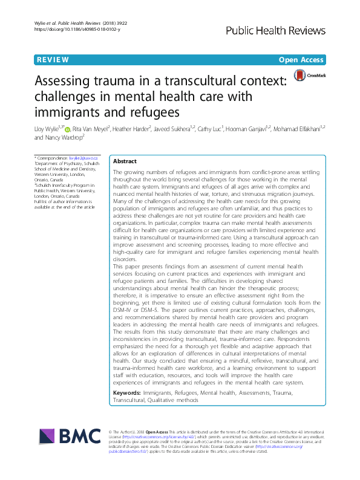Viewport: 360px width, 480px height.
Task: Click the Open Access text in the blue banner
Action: pyautogui.click(x=301, y=60)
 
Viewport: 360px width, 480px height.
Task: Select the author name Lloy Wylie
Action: pyautogui.click(x=47, y=128)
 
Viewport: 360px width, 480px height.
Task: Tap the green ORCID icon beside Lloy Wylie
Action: pyautogui.click(x=67, y=128)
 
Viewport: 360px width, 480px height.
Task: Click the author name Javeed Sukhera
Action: pyautogui.click(x=188, y=128)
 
